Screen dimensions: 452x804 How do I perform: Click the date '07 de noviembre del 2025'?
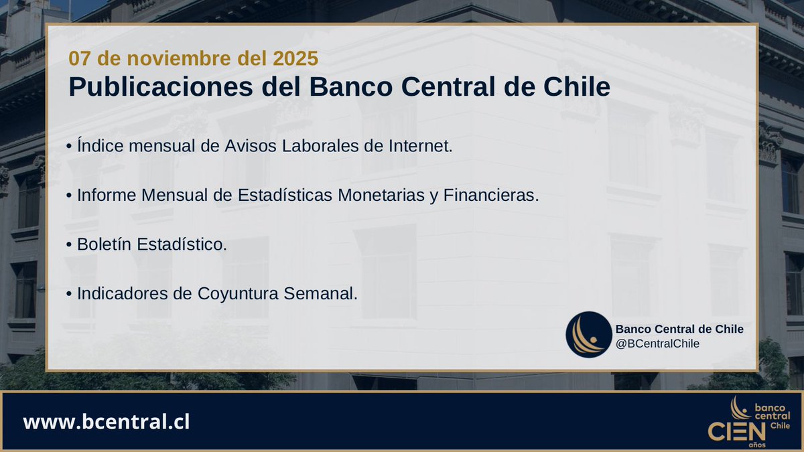point(193,59)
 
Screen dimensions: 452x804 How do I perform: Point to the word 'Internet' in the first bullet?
point(420,145)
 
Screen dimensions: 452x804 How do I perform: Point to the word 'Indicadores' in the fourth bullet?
point(118,293)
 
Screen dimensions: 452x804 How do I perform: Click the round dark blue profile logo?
point(588,334)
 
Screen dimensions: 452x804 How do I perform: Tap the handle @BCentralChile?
point(658,344)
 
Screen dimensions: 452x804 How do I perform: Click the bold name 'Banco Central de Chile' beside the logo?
point(679,329)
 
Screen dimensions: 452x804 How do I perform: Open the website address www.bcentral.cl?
point(107,423)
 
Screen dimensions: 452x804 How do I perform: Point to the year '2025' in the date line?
point(295,59)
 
